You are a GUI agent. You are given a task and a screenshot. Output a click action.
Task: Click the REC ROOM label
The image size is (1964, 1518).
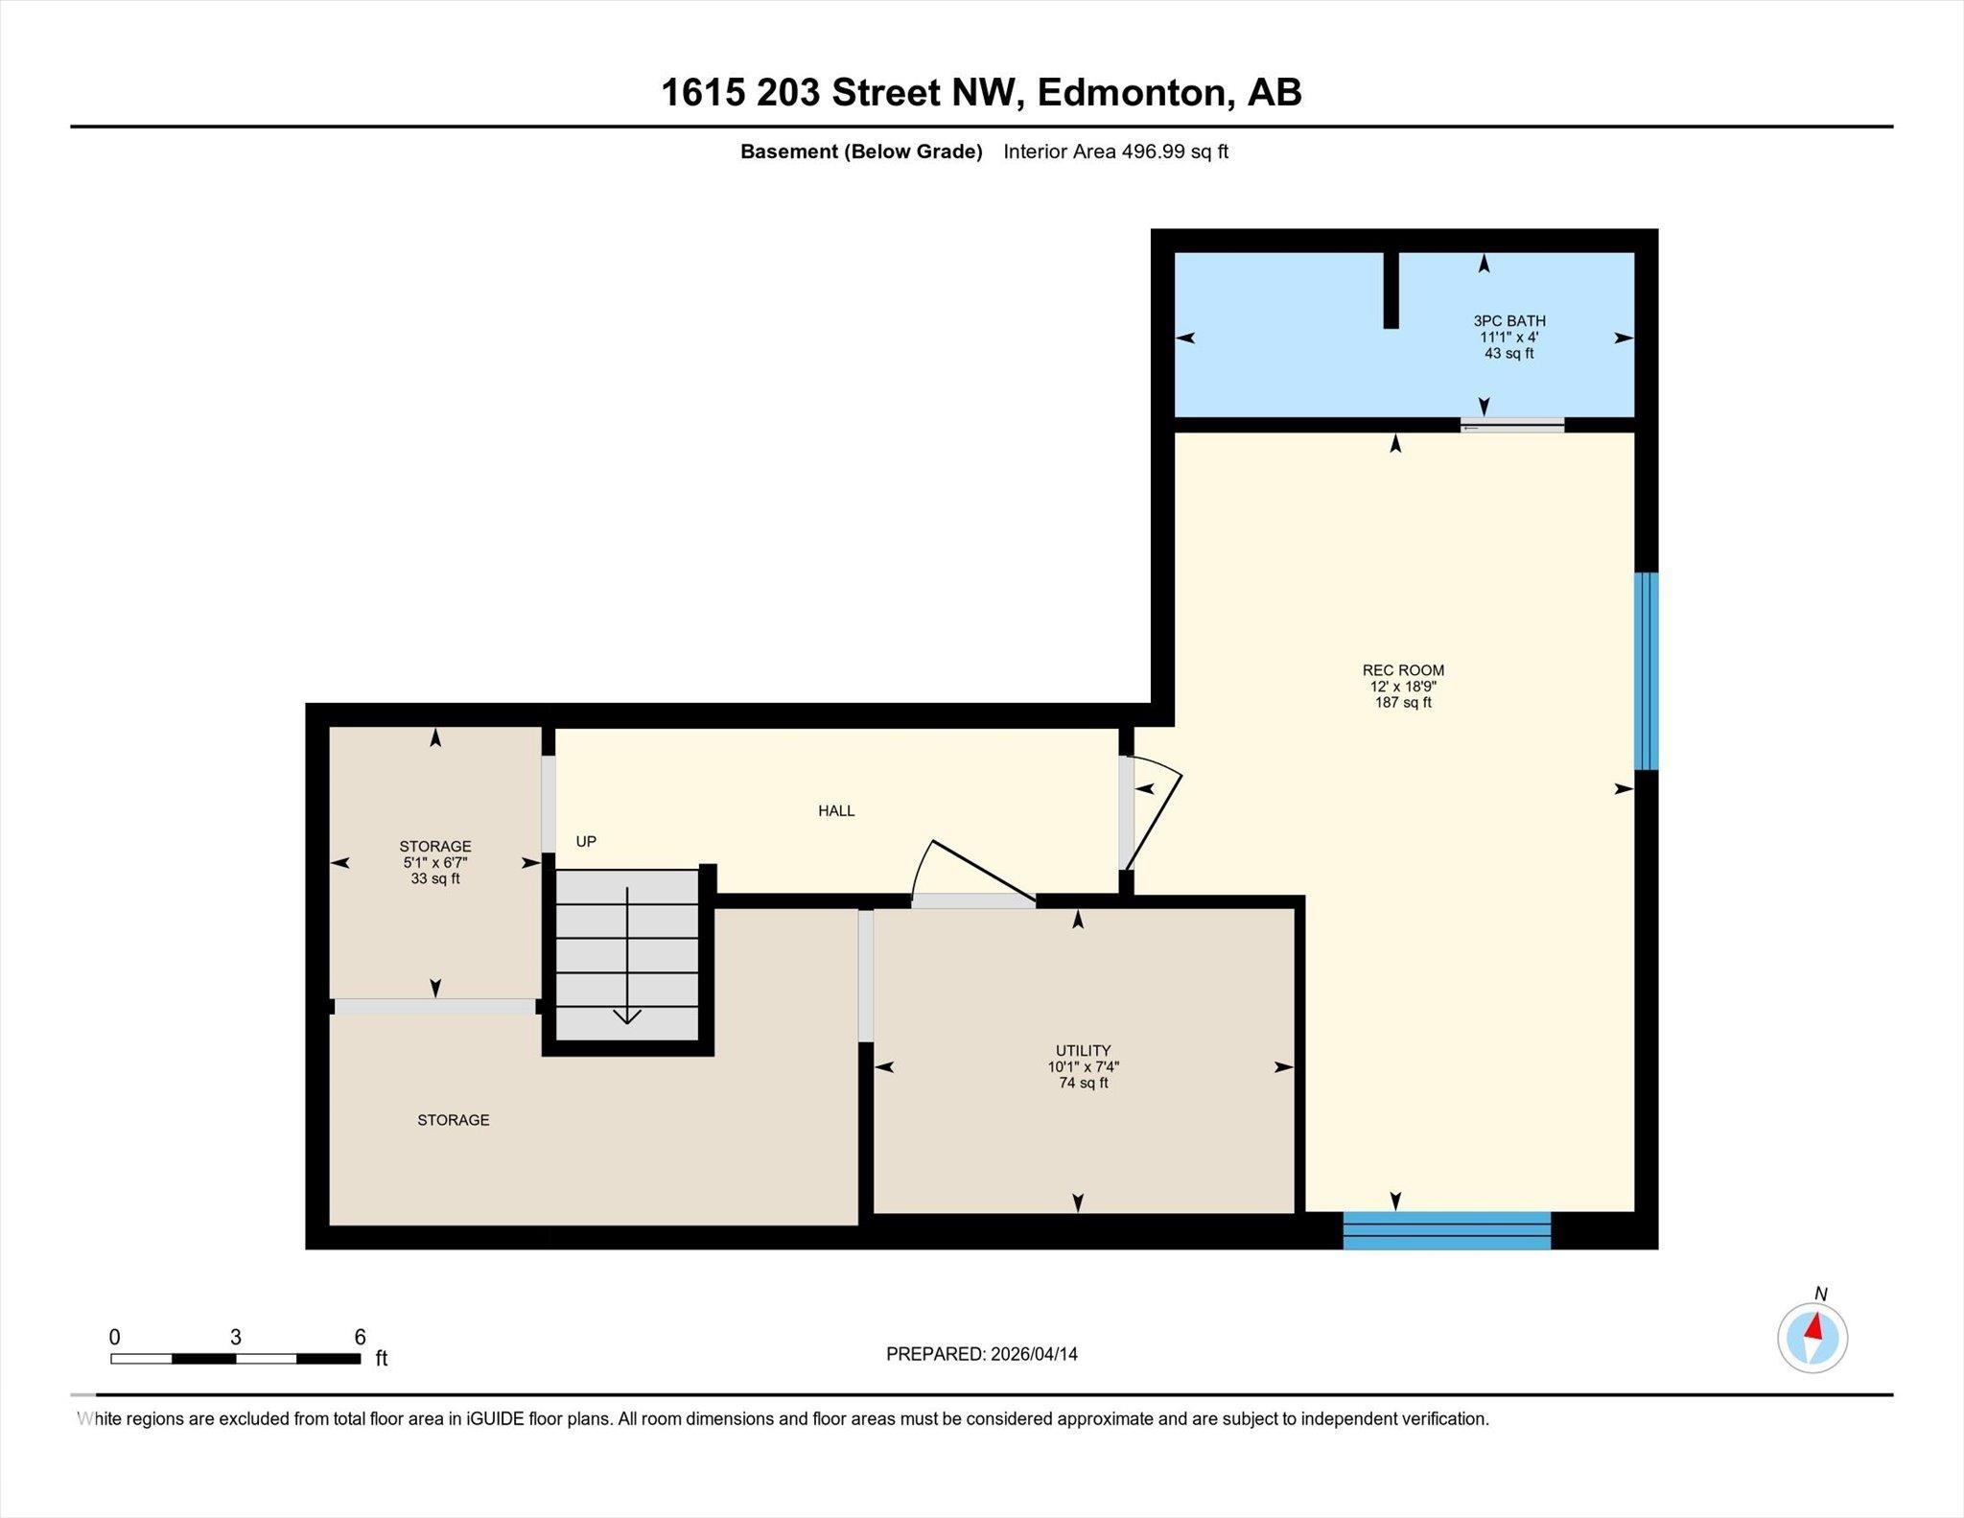(x=1403, y=670)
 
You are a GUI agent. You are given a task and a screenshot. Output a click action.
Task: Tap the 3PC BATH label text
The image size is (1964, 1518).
(x=1509, y=321)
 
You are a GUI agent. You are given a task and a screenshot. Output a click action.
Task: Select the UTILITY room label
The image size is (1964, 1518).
(x=1084, y=1050)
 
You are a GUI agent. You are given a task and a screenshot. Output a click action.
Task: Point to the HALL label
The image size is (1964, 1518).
(x=836, y=811)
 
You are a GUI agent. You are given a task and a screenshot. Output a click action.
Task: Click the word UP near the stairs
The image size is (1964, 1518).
(x=586, y=842)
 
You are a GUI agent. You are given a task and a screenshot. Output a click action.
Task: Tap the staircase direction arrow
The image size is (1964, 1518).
(x=627, y=955)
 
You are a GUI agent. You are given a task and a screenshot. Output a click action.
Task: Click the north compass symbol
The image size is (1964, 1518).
(x=1812, y=1338)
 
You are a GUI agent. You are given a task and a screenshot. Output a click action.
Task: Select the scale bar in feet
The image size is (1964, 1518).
(x=236, y=1358)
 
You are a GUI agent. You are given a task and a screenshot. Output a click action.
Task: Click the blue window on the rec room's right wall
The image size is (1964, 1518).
(x=1646, y=671)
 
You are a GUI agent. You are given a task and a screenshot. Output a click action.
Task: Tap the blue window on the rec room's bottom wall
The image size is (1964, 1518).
(x=1446, y=1230)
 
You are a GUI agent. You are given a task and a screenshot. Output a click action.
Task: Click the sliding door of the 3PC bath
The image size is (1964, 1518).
(x=1512, y=425)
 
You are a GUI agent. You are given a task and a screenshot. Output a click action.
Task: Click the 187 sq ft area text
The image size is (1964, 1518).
(x=1403, y=703)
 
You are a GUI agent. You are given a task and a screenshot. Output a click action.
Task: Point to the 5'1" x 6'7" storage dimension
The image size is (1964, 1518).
(x=435, y=863)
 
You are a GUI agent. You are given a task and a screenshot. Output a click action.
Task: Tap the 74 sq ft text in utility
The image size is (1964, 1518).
(x=1084, y=1084)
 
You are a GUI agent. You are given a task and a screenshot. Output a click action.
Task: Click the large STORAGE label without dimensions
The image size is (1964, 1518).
(x=454, y=1120)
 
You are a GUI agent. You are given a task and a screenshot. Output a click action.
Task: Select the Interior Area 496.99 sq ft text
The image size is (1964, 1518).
(x=1115, y=152)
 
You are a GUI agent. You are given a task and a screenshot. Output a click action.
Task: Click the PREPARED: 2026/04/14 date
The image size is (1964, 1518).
(x=982, y=1354)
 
